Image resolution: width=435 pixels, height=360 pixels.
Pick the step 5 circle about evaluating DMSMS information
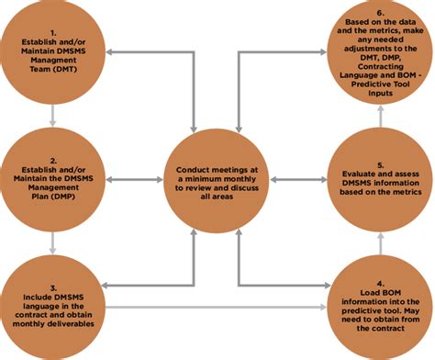379,176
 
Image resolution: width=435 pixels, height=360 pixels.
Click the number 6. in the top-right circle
380,12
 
